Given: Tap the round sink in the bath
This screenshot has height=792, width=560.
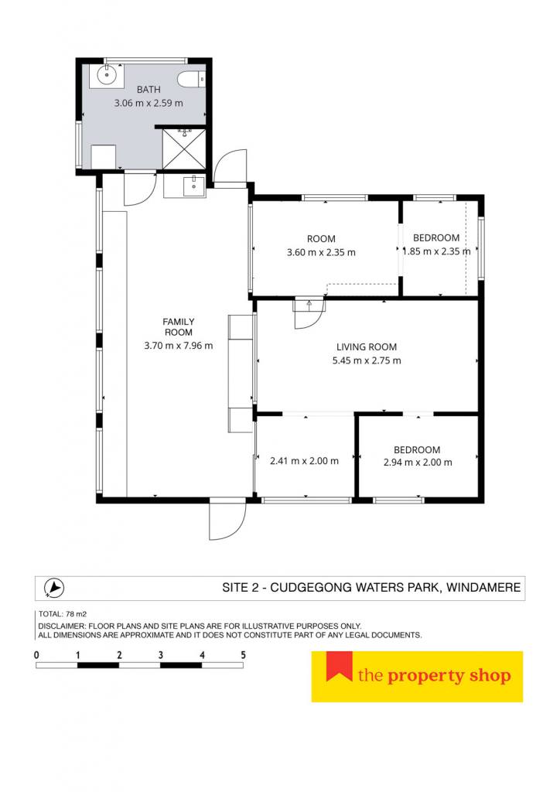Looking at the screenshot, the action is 107,77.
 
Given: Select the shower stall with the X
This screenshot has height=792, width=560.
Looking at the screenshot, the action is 184,149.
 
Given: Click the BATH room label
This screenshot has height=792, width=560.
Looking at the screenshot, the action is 149,90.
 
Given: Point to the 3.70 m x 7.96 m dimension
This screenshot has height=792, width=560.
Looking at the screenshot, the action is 178,346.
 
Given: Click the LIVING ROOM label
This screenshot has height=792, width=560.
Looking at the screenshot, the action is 367,347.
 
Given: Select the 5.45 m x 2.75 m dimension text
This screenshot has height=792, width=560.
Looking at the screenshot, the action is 367,360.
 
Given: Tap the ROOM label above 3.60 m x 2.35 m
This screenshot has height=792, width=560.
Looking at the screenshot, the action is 321,239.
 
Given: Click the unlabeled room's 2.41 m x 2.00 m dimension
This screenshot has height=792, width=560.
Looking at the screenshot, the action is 304,461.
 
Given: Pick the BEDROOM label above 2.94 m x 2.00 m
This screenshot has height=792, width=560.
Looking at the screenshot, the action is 417,449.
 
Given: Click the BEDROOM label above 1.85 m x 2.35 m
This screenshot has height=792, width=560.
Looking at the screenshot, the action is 436,238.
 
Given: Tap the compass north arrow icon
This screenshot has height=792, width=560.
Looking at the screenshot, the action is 53,588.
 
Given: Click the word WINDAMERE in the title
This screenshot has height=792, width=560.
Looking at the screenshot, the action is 483,588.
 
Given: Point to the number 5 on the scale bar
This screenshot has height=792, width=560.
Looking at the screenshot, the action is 243,655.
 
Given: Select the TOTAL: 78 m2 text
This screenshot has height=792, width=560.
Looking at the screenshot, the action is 63,614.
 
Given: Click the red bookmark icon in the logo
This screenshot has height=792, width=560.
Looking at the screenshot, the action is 339,664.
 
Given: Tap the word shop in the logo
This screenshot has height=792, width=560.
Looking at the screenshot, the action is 490,676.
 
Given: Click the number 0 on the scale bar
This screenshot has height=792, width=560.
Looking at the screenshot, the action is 36,655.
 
